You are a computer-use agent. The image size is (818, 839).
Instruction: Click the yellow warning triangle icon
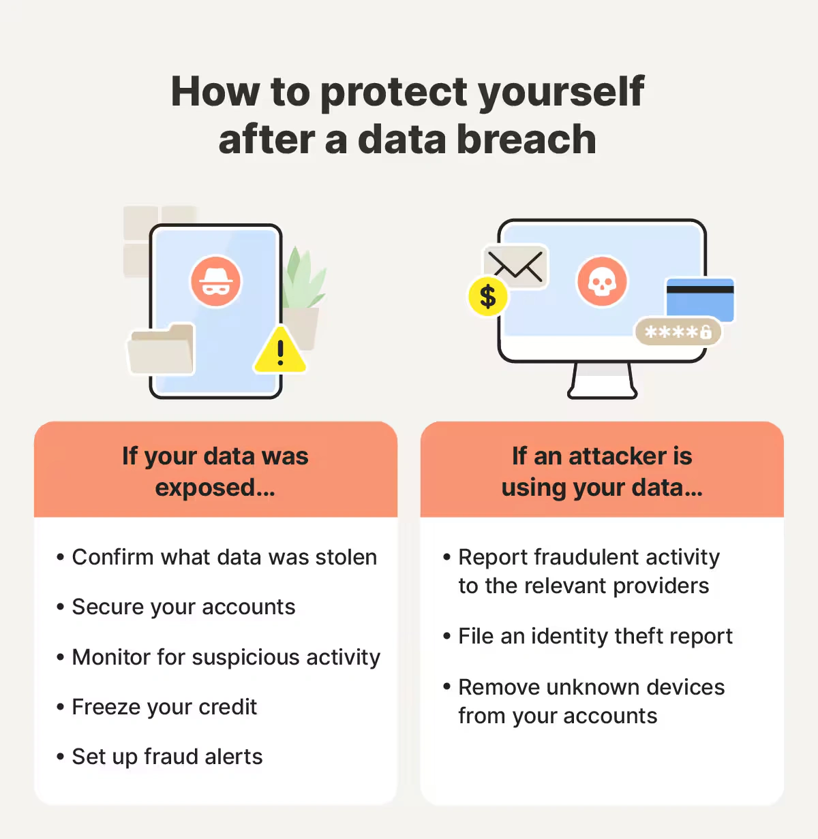point(279,351)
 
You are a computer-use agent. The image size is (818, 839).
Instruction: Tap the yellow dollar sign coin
point(487,297)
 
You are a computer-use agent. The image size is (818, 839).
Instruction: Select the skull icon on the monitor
point(601,281)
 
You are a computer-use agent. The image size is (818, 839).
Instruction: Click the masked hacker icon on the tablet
point(215,281)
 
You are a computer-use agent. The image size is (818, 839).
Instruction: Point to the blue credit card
point(700,298)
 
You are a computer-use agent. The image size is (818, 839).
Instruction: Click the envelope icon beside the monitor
point(516,266)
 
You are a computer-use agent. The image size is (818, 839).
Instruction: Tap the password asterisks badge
point(678,332)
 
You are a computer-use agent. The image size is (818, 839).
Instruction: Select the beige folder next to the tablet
point(162,350)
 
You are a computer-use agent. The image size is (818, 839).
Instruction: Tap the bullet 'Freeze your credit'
point(164,707)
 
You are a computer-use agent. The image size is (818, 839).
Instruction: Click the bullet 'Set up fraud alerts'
point(167,757)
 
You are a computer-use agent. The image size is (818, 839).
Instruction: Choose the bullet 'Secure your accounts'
point(183,607)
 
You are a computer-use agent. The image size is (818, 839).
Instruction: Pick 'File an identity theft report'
point(595,636)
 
